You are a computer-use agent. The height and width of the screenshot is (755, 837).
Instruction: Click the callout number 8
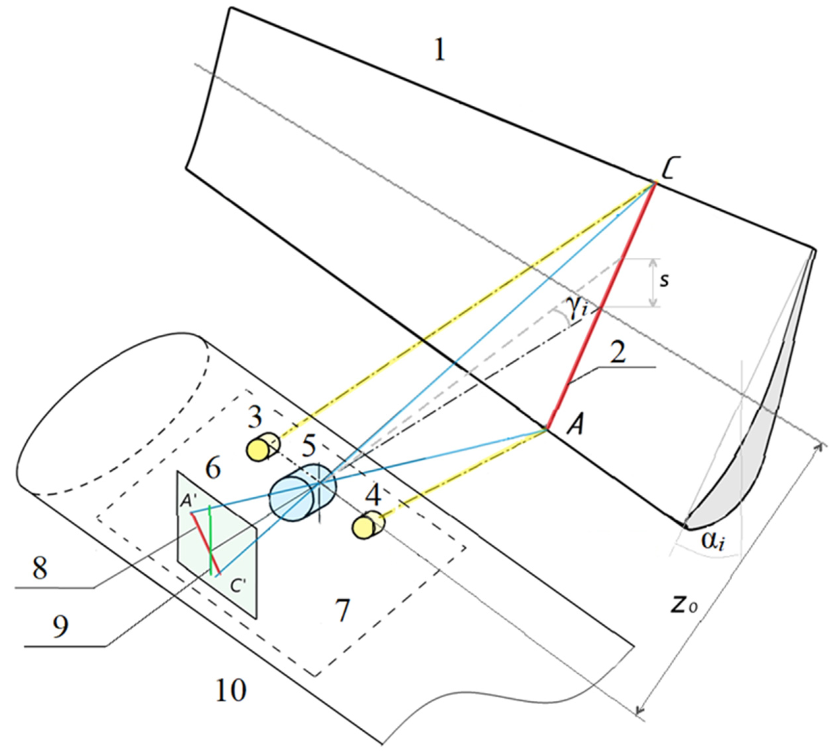click(x=40, y=568)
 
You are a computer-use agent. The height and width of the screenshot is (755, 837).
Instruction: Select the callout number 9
click(x=61, y=626)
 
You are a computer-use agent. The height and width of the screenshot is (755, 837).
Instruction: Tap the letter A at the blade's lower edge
click(x=575, y=426)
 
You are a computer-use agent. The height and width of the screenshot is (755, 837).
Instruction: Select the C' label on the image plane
click(x=238, y=586)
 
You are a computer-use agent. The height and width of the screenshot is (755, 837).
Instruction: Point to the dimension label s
click(x=664, y=281)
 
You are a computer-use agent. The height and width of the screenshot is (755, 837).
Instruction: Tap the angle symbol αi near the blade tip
click(x=713, y=541)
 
